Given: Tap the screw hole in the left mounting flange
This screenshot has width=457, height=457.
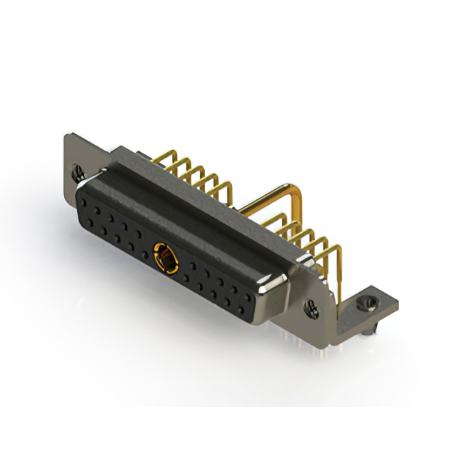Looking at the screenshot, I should coord(76,171).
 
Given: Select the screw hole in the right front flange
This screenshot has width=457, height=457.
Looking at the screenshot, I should coord(312,308).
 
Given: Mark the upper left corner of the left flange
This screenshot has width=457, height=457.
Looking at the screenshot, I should coord(66,136).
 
